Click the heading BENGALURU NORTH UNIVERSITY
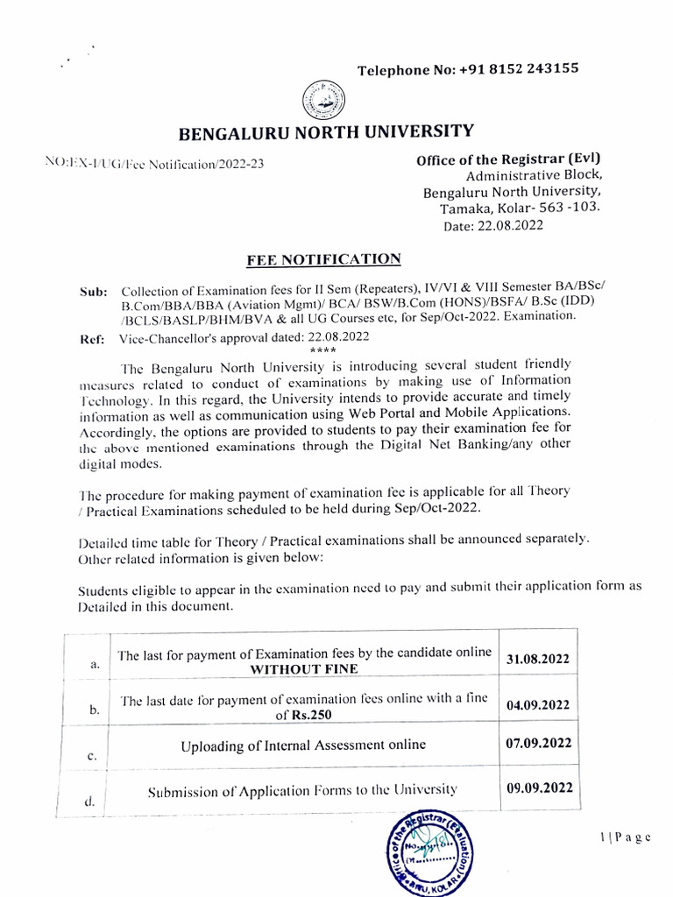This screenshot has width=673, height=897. tap(326, 132)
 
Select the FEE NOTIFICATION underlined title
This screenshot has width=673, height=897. tap(324, 259)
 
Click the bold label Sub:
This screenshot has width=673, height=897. tap(93, 291)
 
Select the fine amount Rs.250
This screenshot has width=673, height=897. tap(313, 715)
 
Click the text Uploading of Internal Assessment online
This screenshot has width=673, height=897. tap(303, 745)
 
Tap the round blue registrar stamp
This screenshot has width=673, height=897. tap(428, 856)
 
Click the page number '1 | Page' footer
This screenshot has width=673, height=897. tap(626, 837)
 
